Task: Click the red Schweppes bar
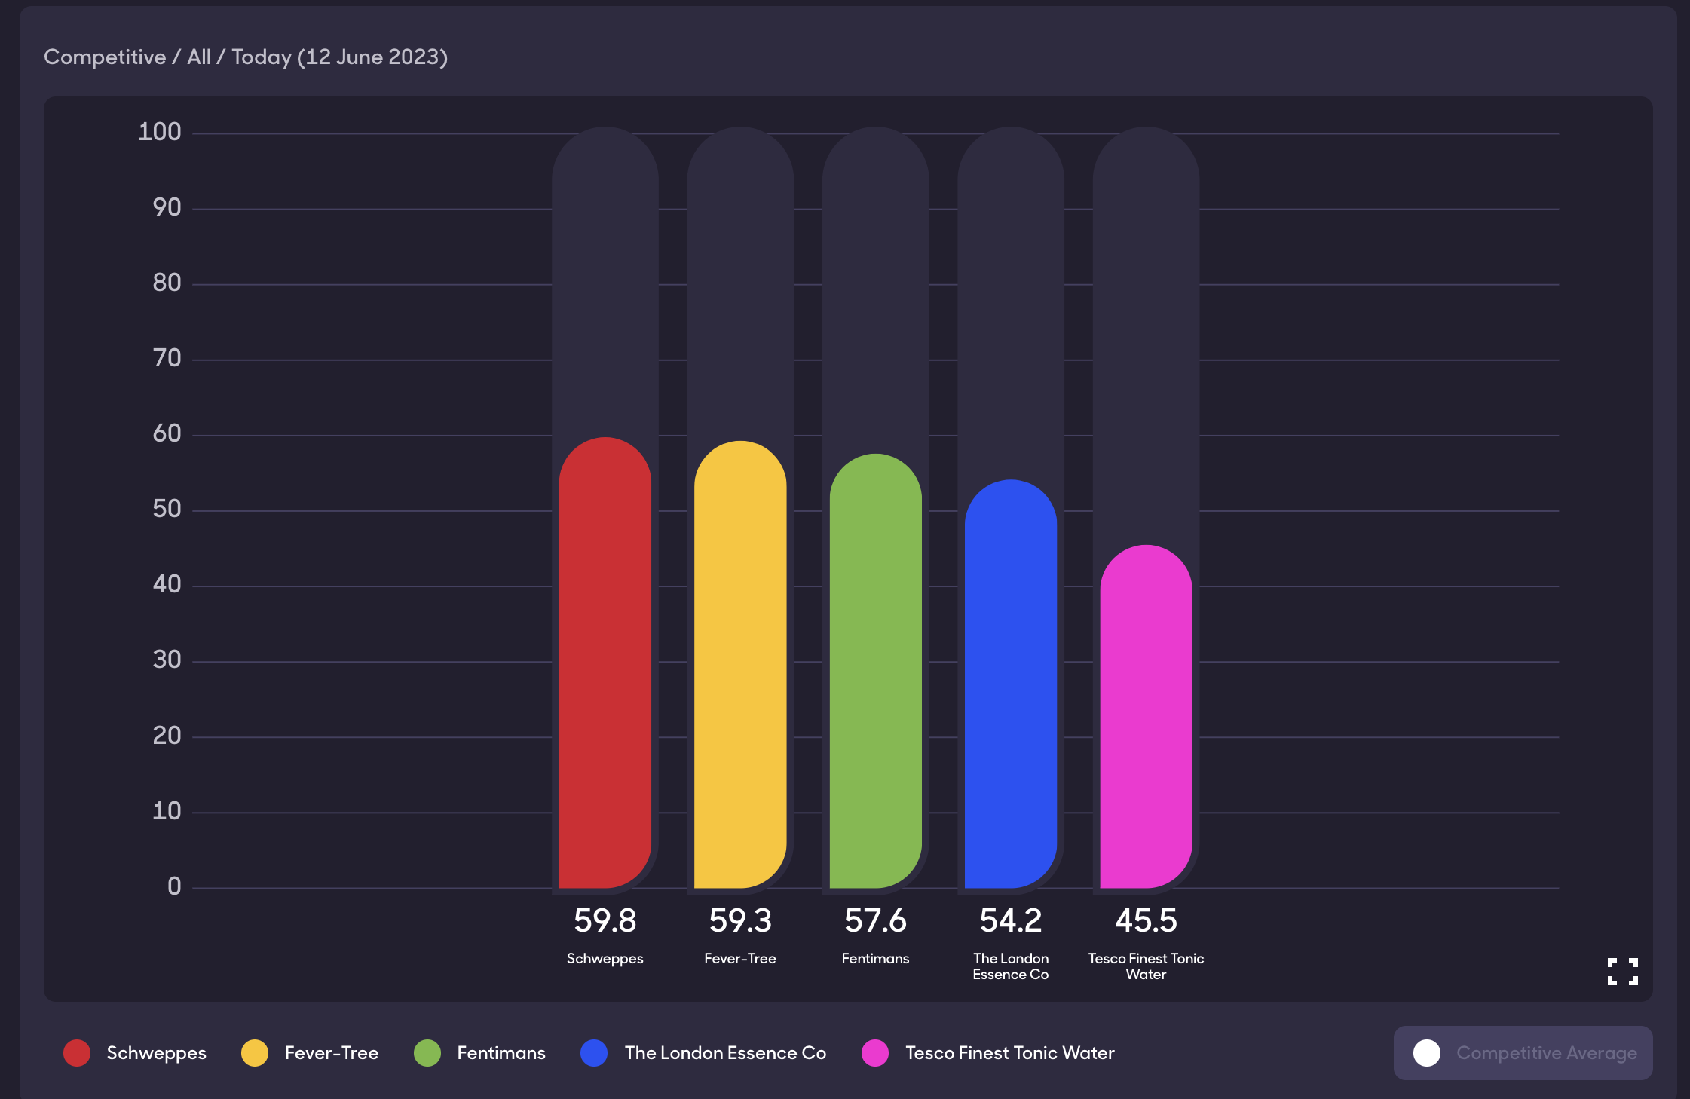pos(605,663)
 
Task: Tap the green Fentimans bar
pos(875,671)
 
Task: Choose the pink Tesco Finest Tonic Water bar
pos(1146,716)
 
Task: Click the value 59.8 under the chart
pos(605,920)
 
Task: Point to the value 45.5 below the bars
pos(1146,920)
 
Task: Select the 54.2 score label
pos(1010,920)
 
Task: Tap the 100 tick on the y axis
pos(160,132)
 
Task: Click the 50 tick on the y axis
pos(167,509)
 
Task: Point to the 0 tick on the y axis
pos(174,886)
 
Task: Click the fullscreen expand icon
pos(1622,972)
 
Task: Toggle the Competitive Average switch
pos(1427,1053)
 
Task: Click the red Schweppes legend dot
pos(77,1053)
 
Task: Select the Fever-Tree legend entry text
pos(332,1053)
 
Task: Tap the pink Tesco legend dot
pos(875,1053)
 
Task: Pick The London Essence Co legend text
pos(725,1053)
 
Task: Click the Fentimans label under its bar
pos(875,959)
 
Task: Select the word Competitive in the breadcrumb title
pos(105,57)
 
